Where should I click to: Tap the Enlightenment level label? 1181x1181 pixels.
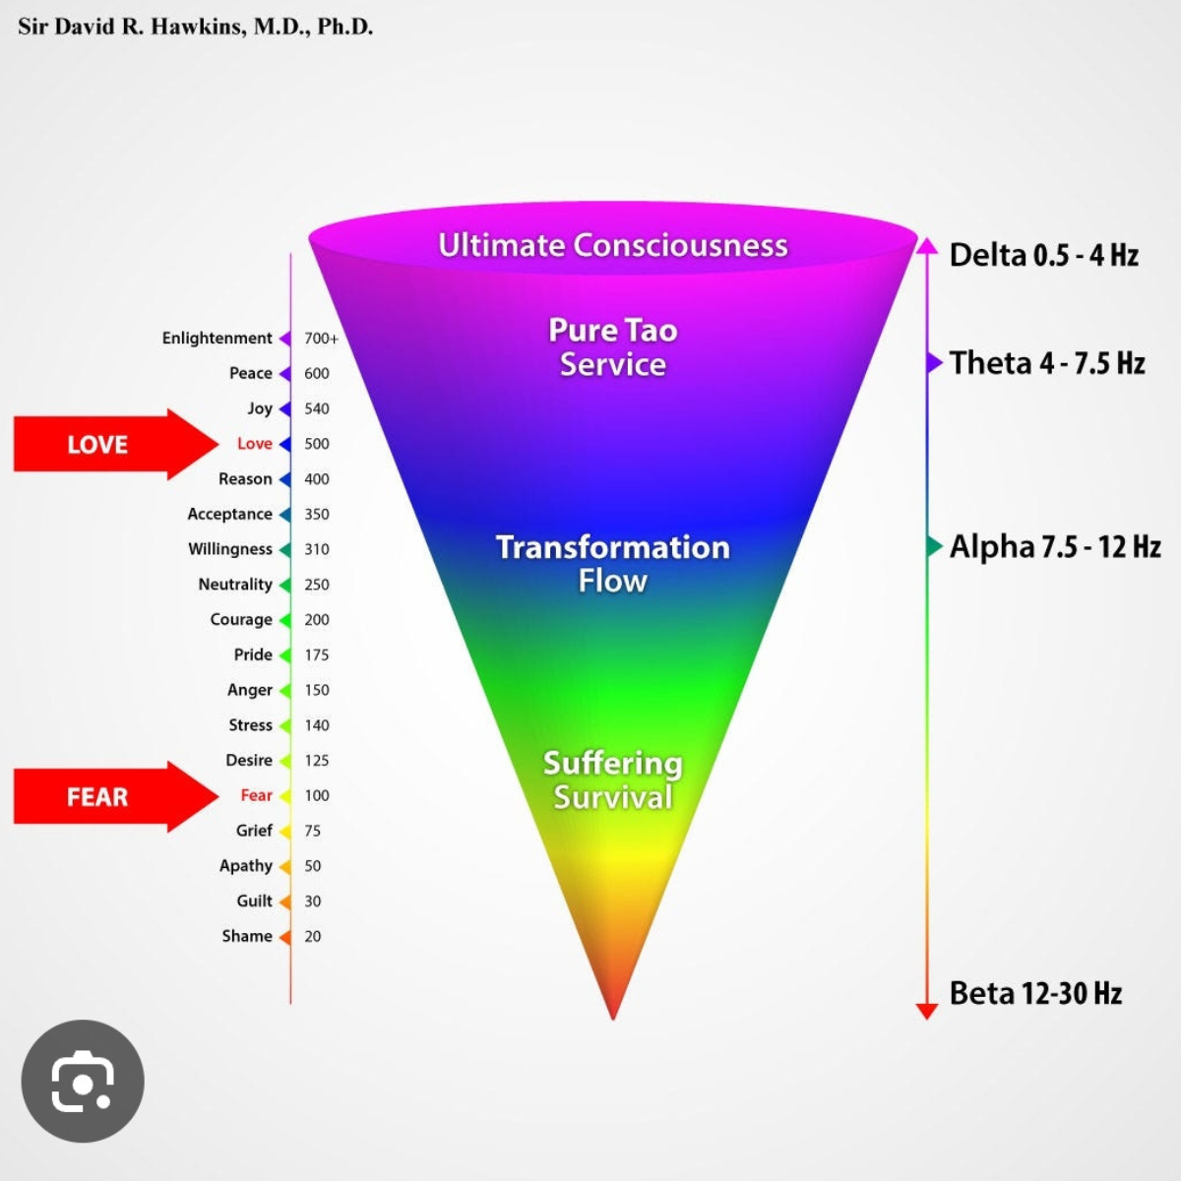pyautogui.click(x=217, y=339)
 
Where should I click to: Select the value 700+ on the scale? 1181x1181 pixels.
pyautogui.click(x=321, y=339)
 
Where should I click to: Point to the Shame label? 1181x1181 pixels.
pyautogui.click(x=246, y=936)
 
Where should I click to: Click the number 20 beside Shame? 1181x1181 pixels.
pyautogui.click(x=313, y=936)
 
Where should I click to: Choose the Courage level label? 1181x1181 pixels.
pyautogui.click(x=240, y=620)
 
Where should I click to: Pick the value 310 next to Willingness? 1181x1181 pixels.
pyautogui.click(x=317, y=549)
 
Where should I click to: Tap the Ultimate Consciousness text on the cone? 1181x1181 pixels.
pyautogui.click(x=612, y=245)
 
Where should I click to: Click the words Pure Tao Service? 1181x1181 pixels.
pyautogui.click(x=612, y=347)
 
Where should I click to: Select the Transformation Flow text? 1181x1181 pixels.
pyautogui.click(x=612, y=564)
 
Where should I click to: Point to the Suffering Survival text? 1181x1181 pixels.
pyautogui.click(x=612, y=780)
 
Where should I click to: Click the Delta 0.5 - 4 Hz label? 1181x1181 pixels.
pyautogui.click(x=1043, y=256)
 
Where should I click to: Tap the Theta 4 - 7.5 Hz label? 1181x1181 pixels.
pyautogui.click(x=1047, y=363)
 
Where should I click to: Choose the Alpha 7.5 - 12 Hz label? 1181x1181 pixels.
pyautogui.click(x=1055, y=547)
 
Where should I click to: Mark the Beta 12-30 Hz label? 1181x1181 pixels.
pyautogui.click(x=1035, y=993)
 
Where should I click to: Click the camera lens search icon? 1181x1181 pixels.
pyautogui.click(x=83, y=1082)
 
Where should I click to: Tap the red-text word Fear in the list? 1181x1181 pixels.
pyautogui.click(x=256, y=795)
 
